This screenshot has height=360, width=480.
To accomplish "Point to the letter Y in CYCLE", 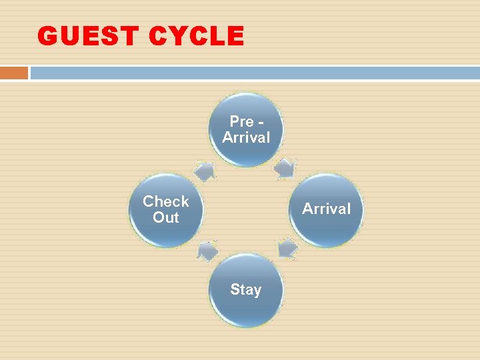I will click(x=175, y=36).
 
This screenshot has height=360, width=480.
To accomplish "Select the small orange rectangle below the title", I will click(x=14, y=73).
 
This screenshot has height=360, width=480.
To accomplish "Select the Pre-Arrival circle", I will click(x=246, y=129).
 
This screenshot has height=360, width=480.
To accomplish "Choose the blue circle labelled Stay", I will click(x=246, y=290).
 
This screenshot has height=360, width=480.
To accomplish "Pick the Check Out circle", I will click(x=166, y=210).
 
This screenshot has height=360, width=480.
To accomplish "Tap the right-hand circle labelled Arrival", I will click(x=326, y=210).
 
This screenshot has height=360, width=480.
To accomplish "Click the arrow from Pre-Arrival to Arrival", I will click(x=286, y=167).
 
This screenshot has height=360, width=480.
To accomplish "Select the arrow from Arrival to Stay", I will click(x=287, y=249).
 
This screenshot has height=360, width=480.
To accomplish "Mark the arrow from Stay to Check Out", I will click(x=207, y=251).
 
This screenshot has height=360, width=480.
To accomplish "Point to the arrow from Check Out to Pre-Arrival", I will click(x=205, y=170).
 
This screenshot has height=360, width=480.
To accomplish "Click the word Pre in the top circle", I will click(x=241, y=121).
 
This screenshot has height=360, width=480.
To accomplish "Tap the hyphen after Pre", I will click(x=260, y=122).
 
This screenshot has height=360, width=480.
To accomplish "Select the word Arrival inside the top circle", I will click(x=246, y=138).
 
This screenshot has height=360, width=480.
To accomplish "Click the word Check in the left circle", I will click(x=166, y=201).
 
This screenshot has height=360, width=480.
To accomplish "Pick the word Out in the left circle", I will click(x=166, y=218).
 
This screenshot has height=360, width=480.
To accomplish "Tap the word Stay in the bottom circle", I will click(x=246, y=290).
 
